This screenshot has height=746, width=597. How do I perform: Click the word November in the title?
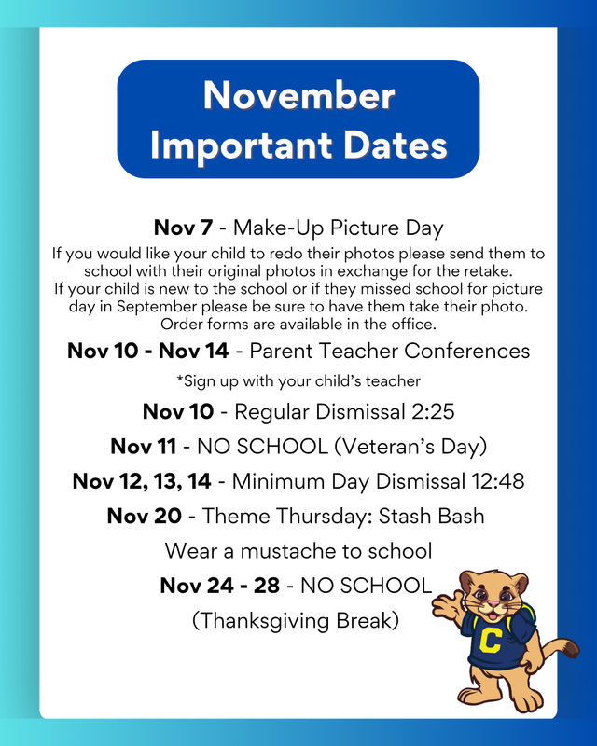(x=298, y=96)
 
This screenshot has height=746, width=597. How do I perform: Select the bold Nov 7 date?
(x=185, y=228)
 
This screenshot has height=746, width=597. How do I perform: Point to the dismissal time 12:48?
(x=493, y=481)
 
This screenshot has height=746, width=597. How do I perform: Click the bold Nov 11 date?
(x=145, y=446)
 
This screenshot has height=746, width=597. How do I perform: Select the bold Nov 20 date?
(x=144, y=516)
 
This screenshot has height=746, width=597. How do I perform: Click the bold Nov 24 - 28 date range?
(x=219, y=586)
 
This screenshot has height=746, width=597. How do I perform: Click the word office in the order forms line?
(x=411, y=324)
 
